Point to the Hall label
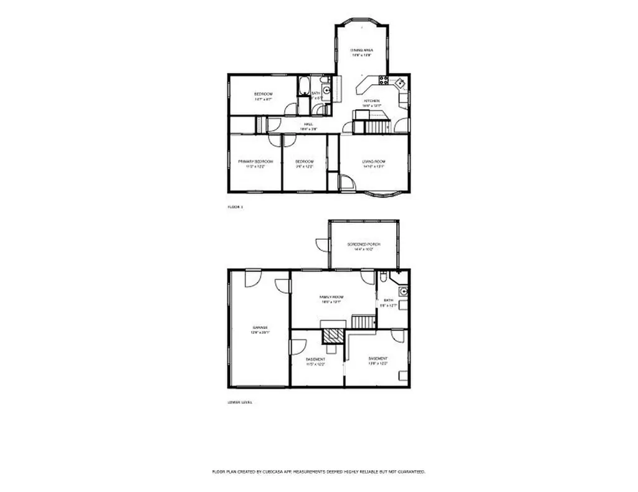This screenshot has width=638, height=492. click(x=308, y=125)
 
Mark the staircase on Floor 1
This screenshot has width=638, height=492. click(x=375, y=127)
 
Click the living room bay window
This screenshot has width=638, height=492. click(x=384, y=194)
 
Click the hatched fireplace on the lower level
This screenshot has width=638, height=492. click(x=332, y=336)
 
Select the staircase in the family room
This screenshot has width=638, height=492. click(x=364, y=321)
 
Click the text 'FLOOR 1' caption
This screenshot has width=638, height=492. click(x=234, y=206)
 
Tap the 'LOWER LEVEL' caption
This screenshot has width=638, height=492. click(x=239, y=402)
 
